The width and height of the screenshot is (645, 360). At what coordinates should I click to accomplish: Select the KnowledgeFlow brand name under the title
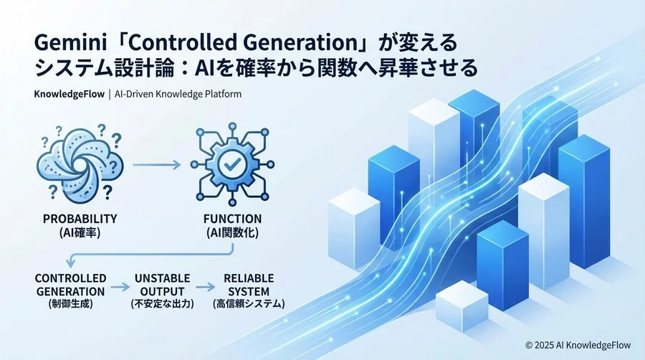pyautogui.click(x=70, y=94)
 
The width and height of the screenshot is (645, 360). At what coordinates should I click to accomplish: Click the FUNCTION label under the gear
pyautogui.click(x=232, y=218)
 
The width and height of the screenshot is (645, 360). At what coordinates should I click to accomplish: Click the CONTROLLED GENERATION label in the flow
pyautogui.click(x=70, y=285)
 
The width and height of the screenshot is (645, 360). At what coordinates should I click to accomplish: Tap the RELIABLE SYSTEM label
pyautogui.click(x=247, y=285)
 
